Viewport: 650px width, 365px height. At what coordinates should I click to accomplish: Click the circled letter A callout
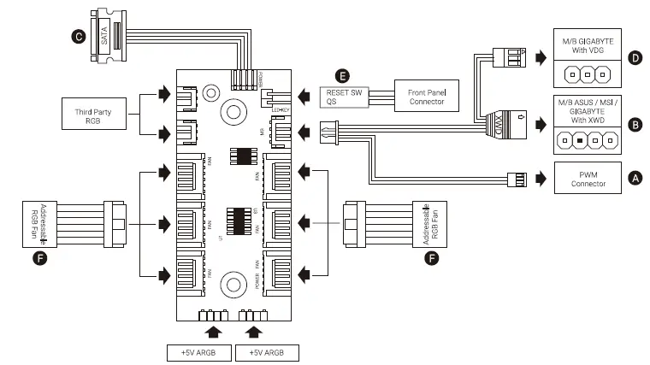pyautogui.click(x=634, y=178)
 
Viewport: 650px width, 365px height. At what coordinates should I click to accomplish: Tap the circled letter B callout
pyautogui.click(x=634, y=125)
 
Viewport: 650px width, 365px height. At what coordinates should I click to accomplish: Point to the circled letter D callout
pyautogui.click(x=634, y=59)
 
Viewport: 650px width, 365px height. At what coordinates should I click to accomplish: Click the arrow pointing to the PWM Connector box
pyautogui.click(x=540, y=179)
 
